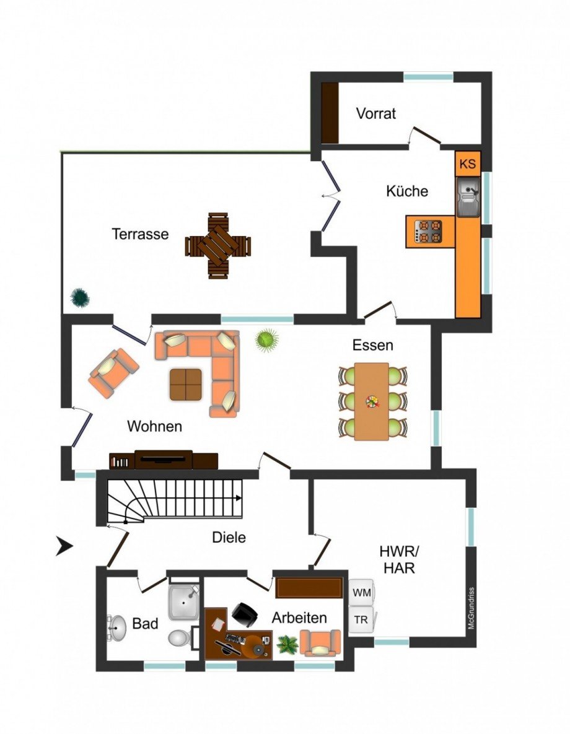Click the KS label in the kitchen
point(468,164)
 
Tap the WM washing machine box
point(361,593)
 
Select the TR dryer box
point(361,619)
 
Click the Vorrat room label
point(375,114)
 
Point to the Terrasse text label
point(140,234)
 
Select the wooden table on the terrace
point(217,246)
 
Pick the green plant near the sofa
point(266,339)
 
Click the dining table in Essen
point(372,401)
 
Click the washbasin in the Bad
point(116,627)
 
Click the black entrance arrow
point(64,546)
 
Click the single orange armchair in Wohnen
point(113,372)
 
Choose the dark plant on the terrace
point(79,297)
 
